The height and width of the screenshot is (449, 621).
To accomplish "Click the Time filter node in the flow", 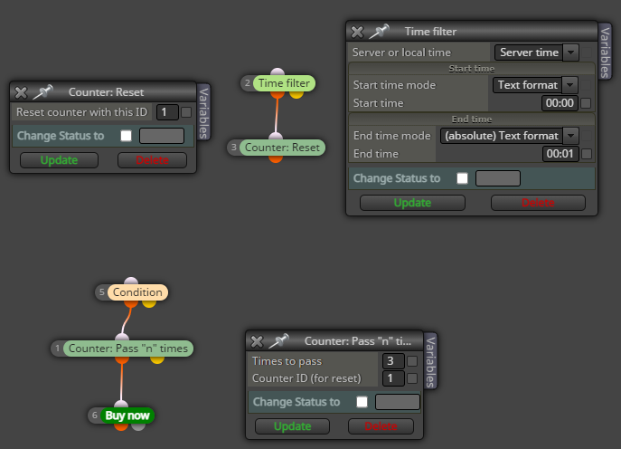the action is (x=284, y=83).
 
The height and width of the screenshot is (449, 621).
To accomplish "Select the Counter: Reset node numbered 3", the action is (x=282, y=148).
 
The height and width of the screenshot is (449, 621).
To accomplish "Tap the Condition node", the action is (x=137, y=292).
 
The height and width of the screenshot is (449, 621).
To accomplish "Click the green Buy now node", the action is (x=127, y=416).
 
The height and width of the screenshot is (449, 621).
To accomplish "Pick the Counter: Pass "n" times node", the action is (x=128, y=349).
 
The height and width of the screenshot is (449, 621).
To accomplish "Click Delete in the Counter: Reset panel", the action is (x=152, y=160).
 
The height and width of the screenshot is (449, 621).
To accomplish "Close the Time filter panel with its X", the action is (x=357, y=32).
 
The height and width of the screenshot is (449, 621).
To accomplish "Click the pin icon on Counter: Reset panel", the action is (x=42, y=91).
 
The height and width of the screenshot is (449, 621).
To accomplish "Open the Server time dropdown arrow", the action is (x=570, y=53).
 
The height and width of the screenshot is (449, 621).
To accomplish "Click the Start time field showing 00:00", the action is (x=560, y=103).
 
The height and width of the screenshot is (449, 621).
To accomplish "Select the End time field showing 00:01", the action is (x=560, y=154).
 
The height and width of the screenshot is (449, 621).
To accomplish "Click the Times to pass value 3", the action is (x=393, y=361).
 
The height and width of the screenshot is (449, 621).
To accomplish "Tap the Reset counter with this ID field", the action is (x=167, y=112).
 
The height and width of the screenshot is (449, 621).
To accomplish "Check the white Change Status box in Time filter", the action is (x=462, y=178).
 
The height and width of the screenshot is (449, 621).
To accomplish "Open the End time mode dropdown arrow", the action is (x=570, y=136).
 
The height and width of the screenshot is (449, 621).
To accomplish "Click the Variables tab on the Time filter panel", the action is (x=605, y=52).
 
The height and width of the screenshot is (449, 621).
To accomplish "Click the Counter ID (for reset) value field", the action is (x=393, y=378).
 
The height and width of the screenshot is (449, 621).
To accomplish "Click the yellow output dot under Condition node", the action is (x=149, y=303).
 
